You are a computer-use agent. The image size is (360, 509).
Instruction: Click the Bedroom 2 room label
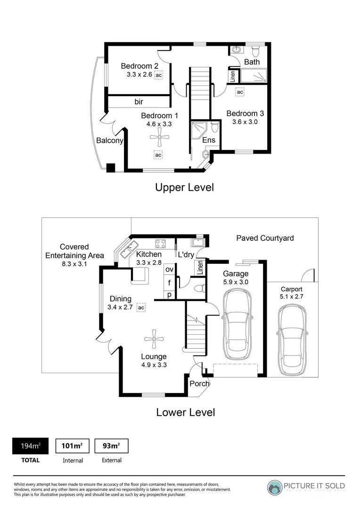click(x=139, y=66)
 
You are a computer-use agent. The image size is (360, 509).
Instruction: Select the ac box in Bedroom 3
click(x=240, y=92)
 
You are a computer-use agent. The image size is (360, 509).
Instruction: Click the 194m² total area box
click(x=30, y=446)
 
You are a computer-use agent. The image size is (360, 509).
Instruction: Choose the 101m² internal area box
click(x=73, y=446)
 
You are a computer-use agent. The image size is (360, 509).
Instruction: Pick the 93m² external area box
click(x=111, y=446)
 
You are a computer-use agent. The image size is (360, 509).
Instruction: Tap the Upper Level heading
click(x=184, y=187)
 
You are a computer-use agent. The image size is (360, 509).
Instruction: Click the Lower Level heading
click(x=185, y=412)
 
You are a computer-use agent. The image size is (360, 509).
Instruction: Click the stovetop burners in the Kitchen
click(x=161, y=244)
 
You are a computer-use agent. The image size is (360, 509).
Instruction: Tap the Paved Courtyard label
click(x=265, y=238)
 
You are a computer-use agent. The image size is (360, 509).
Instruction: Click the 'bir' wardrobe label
click(x=139, y=102)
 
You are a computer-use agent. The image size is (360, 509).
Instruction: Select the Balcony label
click(x=109, y=140)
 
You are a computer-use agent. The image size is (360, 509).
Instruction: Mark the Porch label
click(x=199, y=384)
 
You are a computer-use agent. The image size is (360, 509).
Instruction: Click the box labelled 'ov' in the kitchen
click(x=169, y=269)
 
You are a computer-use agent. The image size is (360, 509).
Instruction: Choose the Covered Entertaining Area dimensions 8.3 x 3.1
click(x=74, y=264)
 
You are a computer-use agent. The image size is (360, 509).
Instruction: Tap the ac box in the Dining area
click(x=140, y=307)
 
